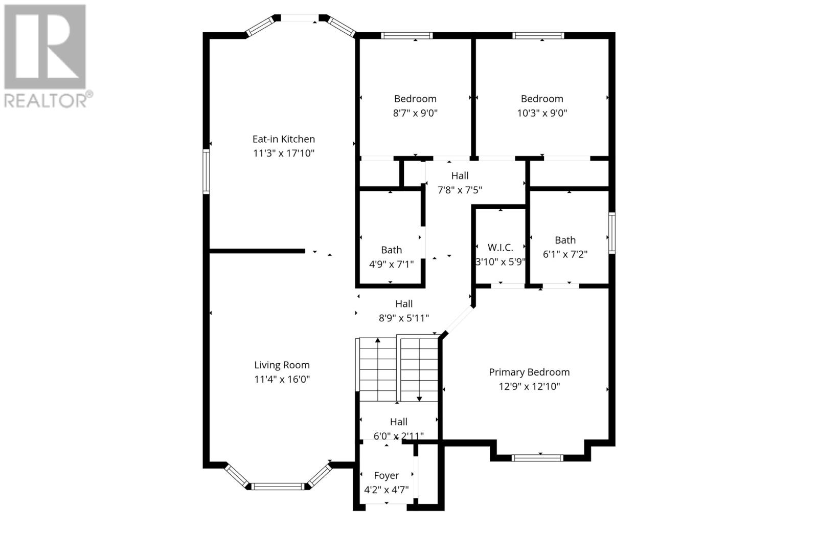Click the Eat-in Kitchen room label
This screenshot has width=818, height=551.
pos(283,139)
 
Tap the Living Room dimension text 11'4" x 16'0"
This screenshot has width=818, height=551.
pos(282,379)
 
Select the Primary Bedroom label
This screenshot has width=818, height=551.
pos(529,372)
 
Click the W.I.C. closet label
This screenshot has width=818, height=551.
pos(500,248)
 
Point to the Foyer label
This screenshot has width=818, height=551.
pos(386,475)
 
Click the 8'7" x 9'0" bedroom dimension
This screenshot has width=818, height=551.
pos(415,113)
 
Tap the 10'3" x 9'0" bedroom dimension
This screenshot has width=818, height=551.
pos(542,113)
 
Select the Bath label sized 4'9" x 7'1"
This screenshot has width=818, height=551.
pos(391,250)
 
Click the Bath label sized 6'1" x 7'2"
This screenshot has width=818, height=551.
pos(565,240)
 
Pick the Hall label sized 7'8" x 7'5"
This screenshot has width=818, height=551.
pos(460,175)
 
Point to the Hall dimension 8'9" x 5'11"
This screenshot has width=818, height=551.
pos(403,318)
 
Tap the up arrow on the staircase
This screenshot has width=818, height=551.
pos(378,341)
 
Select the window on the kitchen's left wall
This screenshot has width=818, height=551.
pos(206,171)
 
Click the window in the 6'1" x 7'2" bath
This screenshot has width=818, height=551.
pos(611,233)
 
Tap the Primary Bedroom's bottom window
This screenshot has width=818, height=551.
pos(537,458)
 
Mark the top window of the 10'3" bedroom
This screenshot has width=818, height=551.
pos(538,35)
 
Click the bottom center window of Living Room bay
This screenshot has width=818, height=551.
pos(278,486)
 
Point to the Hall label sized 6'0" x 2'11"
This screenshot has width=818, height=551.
pos(398,422)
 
